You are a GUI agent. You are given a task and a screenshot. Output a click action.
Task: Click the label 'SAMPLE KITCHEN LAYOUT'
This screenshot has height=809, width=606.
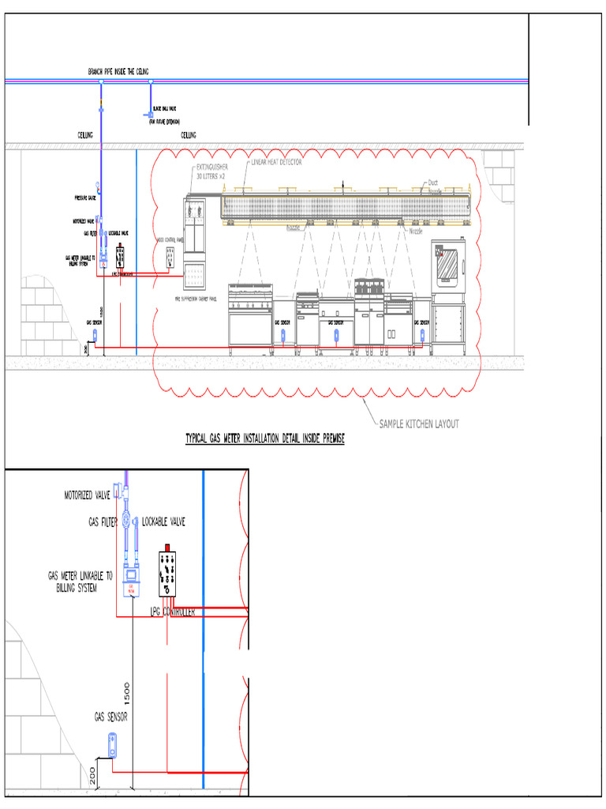tap(419, 423)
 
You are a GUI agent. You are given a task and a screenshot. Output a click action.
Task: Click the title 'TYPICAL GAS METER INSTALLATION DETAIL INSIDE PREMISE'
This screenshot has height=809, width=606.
tap(264, 438)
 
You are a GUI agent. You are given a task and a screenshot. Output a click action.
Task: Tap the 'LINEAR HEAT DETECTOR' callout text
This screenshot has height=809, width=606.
tap(276, 161)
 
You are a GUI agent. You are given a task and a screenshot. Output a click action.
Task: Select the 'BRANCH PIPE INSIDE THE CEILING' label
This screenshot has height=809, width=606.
tap(118, 72)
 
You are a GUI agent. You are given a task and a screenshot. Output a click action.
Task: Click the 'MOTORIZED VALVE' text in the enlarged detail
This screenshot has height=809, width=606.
tap(87, 495)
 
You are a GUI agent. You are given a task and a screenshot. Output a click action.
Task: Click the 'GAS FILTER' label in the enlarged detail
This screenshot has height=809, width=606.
tap(103, 522)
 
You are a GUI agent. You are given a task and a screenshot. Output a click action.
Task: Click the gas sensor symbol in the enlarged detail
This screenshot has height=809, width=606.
tap(113, 744)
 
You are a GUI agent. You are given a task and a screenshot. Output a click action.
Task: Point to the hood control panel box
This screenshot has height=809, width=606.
tap(169, 255)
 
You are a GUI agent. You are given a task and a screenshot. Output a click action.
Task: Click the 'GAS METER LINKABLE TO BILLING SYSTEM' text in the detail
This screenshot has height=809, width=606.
tap(79, 581)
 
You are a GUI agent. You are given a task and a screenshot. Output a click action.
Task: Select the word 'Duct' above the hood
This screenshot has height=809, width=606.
tap(432, 181)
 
